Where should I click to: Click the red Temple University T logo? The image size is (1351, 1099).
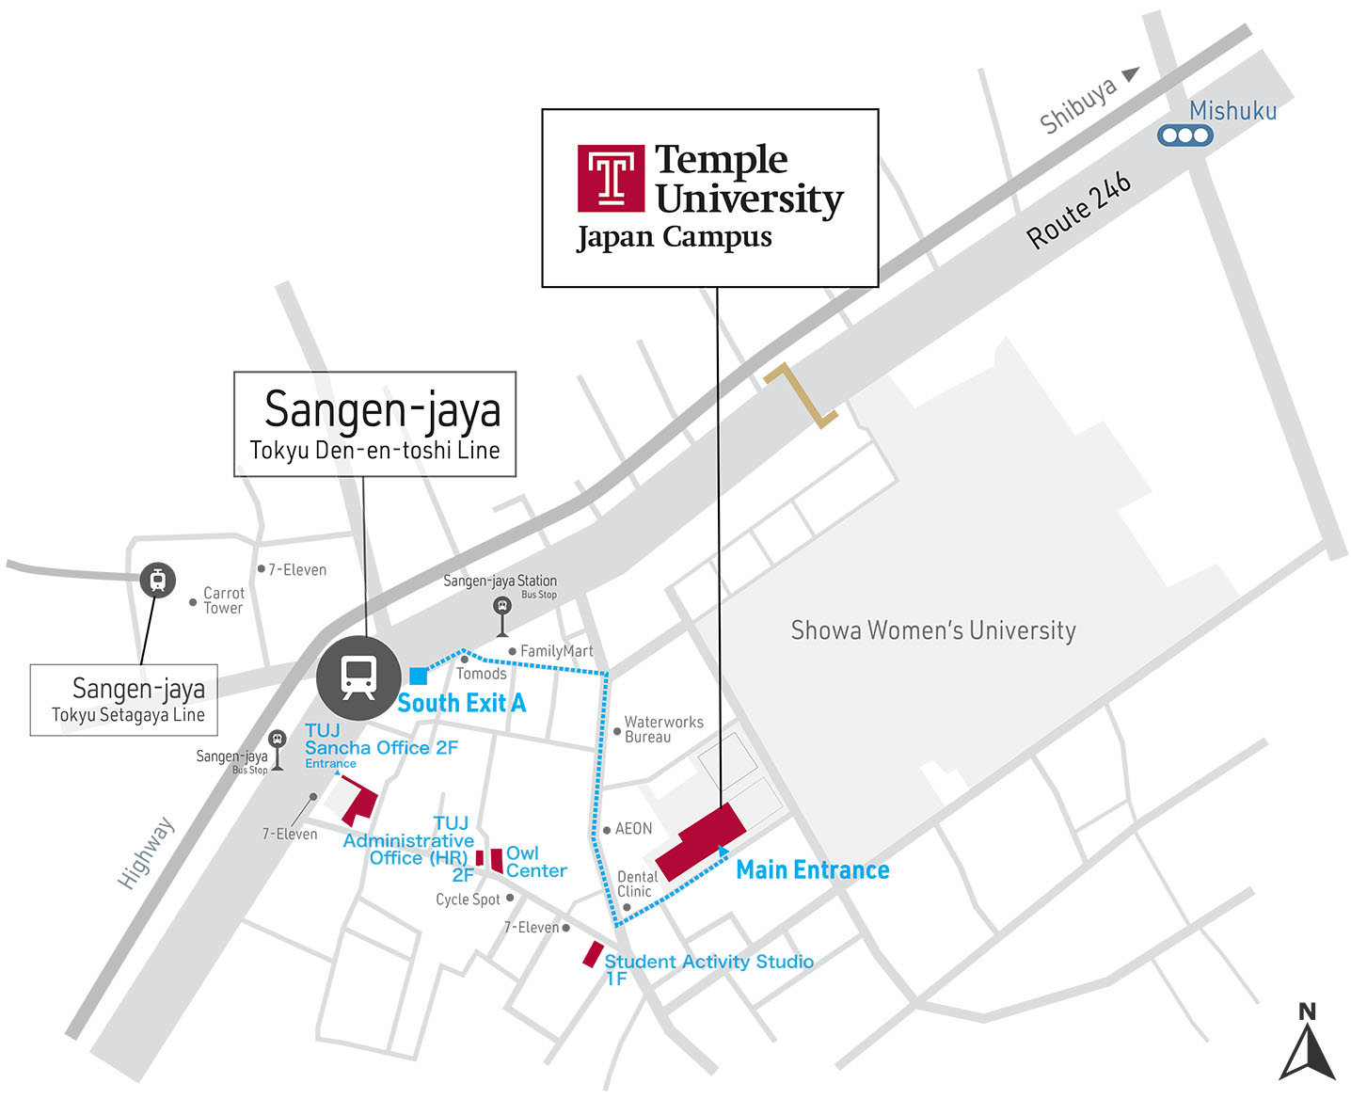611,178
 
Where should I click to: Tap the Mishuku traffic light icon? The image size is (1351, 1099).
1184,135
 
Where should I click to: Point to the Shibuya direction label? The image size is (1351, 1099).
1078,104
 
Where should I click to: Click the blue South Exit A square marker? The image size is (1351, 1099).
419,676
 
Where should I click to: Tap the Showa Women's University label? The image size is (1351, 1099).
932,630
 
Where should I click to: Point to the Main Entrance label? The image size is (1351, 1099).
812,870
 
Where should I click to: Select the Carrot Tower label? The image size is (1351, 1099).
223,600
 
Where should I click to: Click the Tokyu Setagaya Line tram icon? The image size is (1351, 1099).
157,580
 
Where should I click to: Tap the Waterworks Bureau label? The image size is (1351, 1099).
662,729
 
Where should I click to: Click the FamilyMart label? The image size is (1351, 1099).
556,651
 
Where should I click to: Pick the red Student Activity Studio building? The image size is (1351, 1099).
592,954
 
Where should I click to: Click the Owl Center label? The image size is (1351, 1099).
535,862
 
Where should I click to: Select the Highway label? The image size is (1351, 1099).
146,853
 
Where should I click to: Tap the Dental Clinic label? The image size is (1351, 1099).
636,884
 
